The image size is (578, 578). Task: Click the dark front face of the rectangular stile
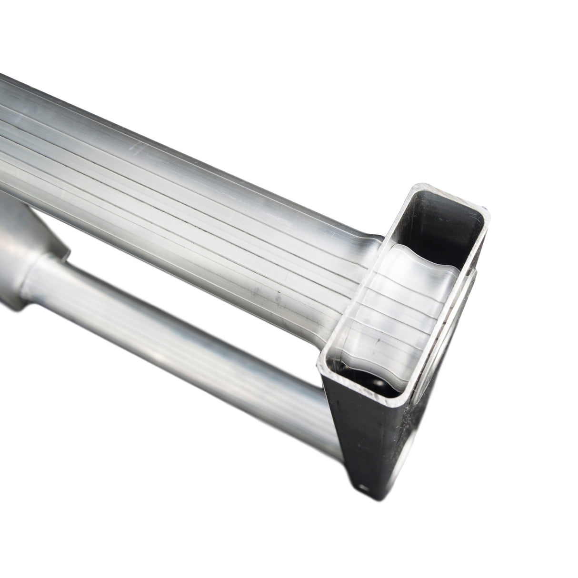coord(376,457)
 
